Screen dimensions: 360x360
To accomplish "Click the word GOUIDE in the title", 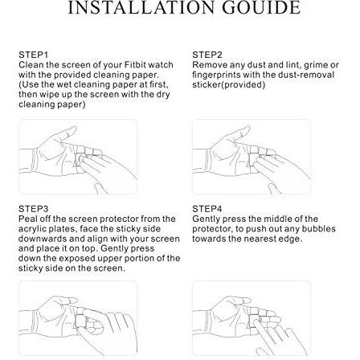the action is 261,7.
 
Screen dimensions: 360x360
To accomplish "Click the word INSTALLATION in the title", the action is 141,7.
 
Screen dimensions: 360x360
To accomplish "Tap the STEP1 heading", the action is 33,55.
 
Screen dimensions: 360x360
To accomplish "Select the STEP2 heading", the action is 207,55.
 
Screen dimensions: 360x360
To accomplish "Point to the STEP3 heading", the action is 33,209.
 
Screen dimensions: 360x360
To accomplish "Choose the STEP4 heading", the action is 207,209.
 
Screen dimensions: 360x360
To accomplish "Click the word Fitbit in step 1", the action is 135,65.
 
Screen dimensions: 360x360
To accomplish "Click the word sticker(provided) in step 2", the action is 229,85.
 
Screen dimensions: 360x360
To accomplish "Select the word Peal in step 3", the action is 27,219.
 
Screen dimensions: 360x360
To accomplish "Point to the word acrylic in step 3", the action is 32,229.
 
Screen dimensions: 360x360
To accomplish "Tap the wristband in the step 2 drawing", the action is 207,161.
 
